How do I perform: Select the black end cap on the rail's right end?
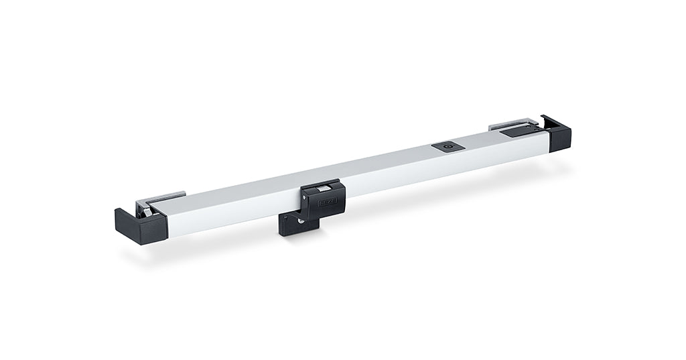[x=559, y=135]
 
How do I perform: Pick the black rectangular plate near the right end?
[x=517, y=132]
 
